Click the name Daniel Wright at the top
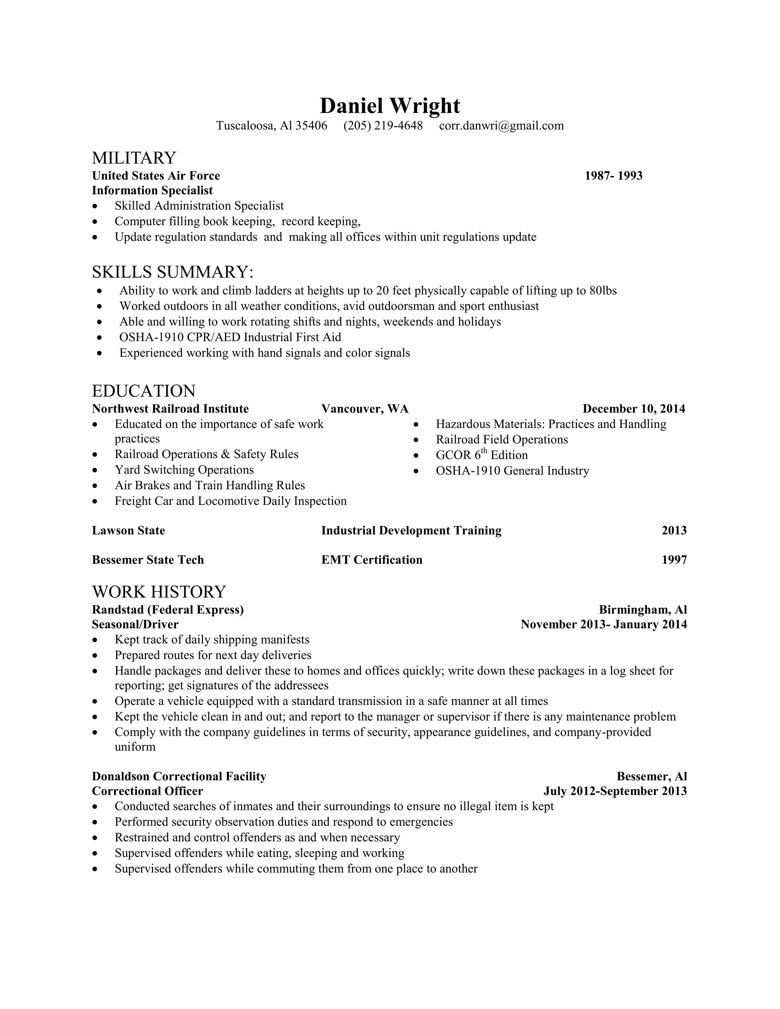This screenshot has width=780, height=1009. point(390,106)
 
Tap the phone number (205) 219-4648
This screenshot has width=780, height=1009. point(383,126)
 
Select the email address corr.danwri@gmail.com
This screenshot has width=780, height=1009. point(501,126)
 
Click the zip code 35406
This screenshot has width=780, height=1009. point(311,126)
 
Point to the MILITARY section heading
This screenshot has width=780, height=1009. point(134,158)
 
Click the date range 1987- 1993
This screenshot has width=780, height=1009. point(613,176)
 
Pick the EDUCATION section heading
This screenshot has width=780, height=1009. point(144,391)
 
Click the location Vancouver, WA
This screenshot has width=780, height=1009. point(364,409)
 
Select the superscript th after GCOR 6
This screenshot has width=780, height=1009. point(484,451)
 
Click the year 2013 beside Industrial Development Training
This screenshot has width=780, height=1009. point(674,530)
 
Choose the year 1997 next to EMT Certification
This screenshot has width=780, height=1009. point(674,560)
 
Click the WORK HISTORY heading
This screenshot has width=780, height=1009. point(159,592)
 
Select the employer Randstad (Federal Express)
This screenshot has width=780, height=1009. point(168,610)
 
